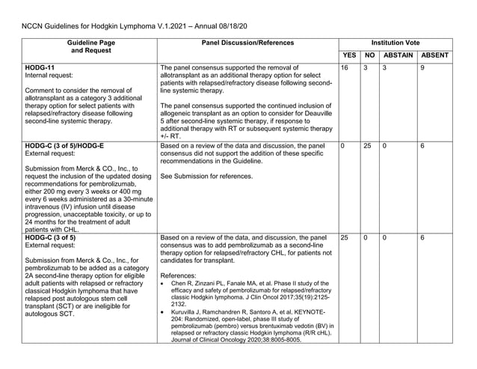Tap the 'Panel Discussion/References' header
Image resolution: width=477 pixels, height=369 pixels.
(247, 43)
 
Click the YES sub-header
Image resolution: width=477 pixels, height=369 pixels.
(348, 55)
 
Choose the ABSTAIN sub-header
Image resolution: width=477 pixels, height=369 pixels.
(398, 55)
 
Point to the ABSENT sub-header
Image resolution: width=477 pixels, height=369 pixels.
(434, 55)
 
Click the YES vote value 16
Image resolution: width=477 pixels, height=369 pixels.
(345, 68)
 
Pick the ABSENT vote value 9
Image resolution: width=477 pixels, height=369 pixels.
(422, 68)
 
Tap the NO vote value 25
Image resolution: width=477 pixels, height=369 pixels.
(367, 146)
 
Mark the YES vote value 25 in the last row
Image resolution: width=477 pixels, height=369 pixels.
(345, 238)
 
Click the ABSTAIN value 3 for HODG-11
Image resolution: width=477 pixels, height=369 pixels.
(384, 68)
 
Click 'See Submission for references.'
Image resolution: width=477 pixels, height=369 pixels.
(206, 177)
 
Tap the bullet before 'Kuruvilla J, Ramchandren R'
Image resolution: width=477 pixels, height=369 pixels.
(164, 312)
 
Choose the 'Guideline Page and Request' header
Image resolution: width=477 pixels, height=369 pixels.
(91, 47)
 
